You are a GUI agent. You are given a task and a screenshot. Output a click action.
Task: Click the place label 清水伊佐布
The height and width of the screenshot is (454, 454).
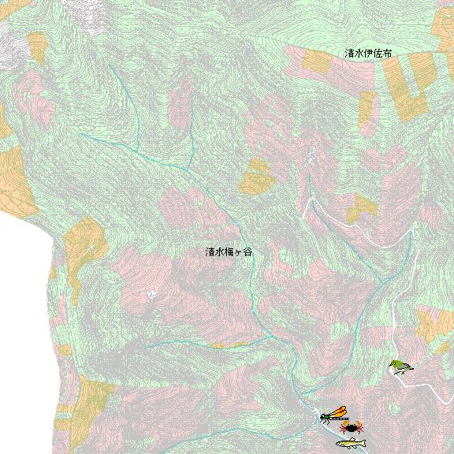point(368,53)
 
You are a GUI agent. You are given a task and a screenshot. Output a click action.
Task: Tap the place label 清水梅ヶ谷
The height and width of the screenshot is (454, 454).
point(229,252)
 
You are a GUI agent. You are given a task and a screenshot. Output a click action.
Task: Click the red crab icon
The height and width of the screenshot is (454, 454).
point(352,428)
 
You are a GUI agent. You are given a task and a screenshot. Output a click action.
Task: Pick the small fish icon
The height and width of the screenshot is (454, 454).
point(351,444)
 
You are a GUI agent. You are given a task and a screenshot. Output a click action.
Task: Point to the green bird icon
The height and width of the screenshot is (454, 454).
point(400,367)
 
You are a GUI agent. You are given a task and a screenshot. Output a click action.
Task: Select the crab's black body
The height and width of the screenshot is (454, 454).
point(352,428)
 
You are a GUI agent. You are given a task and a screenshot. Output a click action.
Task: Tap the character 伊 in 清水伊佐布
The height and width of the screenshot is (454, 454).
point(368,53)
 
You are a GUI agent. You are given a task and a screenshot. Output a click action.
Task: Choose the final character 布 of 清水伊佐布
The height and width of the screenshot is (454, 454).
point(387,53)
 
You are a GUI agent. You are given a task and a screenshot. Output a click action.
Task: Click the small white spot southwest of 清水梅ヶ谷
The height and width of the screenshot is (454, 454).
point(151,294)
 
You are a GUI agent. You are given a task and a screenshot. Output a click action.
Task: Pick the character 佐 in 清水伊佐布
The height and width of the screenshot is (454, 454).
point(378,53)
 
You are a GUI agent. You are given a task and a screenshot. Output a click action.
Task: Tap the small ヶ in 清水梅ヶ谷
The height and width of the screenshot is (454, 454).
point(239,253)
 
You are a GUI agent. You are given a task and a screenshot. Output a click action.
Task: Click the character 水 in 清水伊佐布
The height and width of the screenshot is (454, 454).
point(359,53)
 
